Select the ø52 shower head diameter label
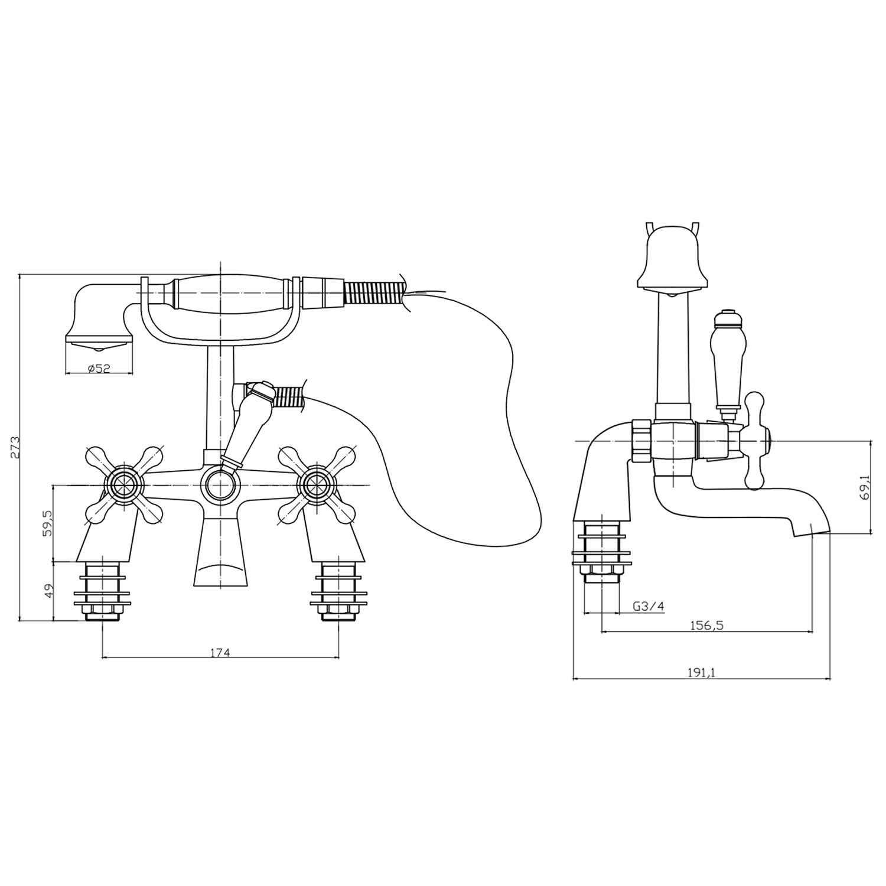[99, 368]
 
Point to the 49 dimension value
[48, 590]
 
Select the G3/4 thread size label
[648, 607]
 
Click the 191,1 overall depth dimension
[701, 672]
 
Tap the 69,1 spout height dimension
[865, 487]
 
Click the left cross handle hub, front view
[124, 485]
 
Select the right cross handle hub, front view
[317, 485]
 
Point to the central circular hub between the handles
[220, 485]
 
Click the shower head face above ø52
[98, 341]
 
